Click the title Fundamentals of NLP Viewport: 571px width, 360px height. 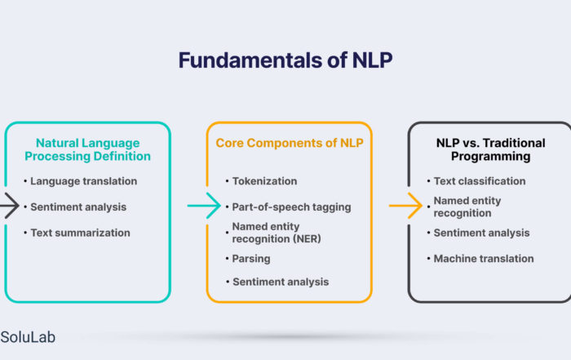click(285, 60)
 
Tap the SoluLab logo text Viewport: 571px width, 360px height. click(28, 337)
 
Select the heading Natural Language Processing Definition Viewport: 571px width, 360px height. click(87, 149)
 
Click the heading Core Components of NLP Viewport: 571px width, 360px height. click(290, 143)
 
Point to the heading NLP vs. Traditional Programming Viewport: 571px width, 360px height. click(490, 149)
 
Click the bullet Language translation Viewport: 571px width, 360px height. click(83, 181)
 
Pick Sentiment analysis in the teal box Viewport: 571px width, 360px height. click(78, 207)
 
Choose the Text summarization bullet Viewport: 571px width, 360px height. click(80, 233)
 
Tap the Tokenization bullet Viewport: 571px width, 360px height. click(264, 181)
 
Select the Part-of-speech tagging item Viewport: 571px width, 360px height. click(291, 207)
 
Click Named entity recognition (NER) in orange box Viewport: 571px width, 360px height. click(277, 233)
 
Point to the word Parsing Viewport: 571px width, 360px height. click(251, 259)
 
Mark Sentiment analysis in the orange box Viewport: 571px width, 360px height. click(281, 282)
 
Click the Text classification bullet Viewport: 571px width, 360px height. click(480, 181)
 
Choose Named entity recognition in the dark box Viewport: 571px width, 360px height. click(467, 207)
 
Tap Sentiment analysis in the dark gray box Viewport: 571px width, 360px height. click(481, 233)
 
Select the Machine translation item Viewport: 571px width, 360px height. click(484, 259)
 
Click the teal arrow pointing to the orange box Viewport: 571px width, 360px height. click(204, 206)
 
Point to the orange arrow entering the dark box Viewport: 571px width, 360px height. click(405, 206)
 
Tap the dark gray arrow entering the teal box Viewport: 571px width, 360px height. click(10, 206)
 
